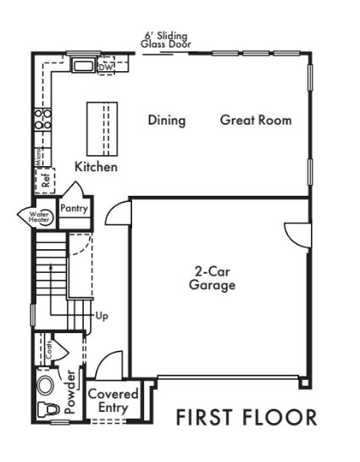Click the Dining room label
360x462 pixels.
[167, 120]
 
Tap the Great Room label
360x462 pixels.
[256, 120]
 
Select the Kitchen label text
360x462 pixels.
[96, 167]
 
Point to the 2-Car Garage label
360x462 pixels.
[212, 278]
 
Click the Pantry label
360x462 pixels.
[75, 209]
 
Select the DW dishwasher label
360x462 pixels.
[106, 68]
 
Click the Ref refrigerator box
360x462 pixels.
[45, 181]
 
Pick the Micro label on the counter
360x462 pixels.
[39, 157]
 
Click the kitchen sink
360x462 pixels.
[84, 65]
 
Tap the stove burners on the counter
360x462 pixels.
[43, 120]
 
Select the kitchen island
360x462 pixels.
[102, 129]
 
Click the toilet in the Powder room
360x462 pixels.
[48, 409]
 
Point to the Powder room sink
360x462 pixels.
[46, 385]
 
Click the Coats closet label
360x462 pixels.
[49, 350]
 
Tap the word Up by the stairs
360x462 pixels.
[102, 316]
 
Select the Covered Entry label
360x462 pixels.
[113, 401]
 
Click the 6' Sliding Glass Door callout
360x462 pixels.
[166, 40]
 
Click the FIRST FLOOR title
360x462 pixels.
[246, 417]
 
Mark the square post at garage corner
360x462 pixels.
[304, 383]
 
